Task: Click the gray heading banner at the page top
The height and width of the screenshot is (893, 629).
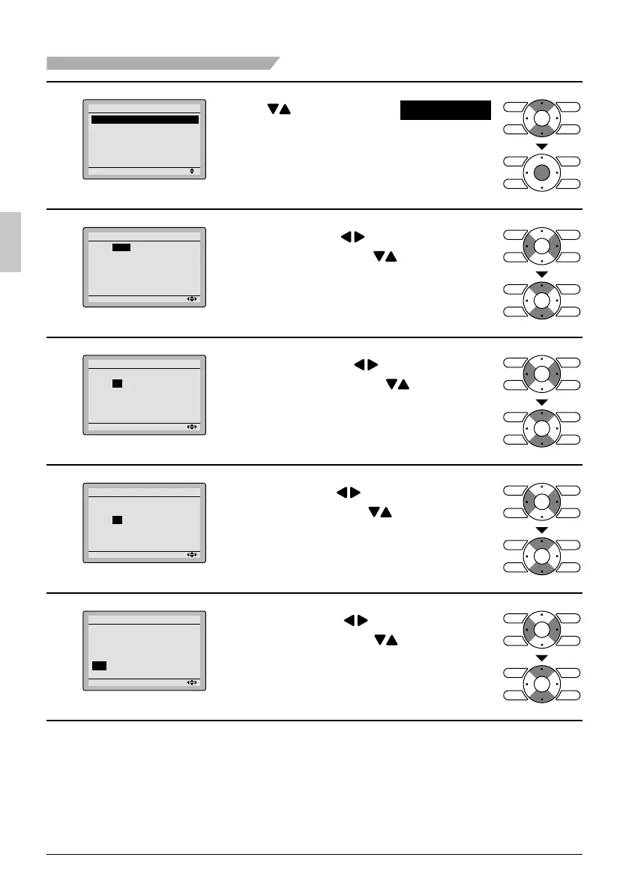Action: pos(161,62)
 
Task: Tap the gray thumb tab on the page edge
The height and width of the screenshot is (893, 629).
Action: pos(10,242)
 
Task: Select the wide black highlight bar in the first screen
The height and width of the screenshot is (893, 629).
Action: pos(145,119)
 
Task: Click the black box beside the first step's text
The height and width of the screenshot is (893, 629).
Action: pos(445,110)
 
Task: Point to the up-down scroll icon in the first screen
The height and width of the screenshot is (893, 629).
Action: pos(193,171)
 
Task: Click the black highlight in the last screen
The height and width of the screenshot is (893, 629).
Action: pos(99,665)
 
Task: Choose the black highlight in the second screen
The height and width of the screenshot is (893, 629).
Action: pos(121,247)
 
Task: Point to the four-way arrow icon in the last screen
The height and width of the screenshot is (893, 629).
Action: pos(193,683)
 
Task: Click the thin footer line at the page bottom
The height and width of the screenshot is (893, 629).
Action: pos(314,854)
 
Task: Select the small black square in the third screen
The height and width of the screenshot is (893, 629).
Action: pos(117,383)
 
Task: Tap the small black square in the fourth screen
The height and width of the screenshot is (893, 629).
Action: pos(117,520)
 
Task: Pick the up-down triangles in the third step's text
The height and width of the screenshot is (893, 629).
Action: pos(397,384)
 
